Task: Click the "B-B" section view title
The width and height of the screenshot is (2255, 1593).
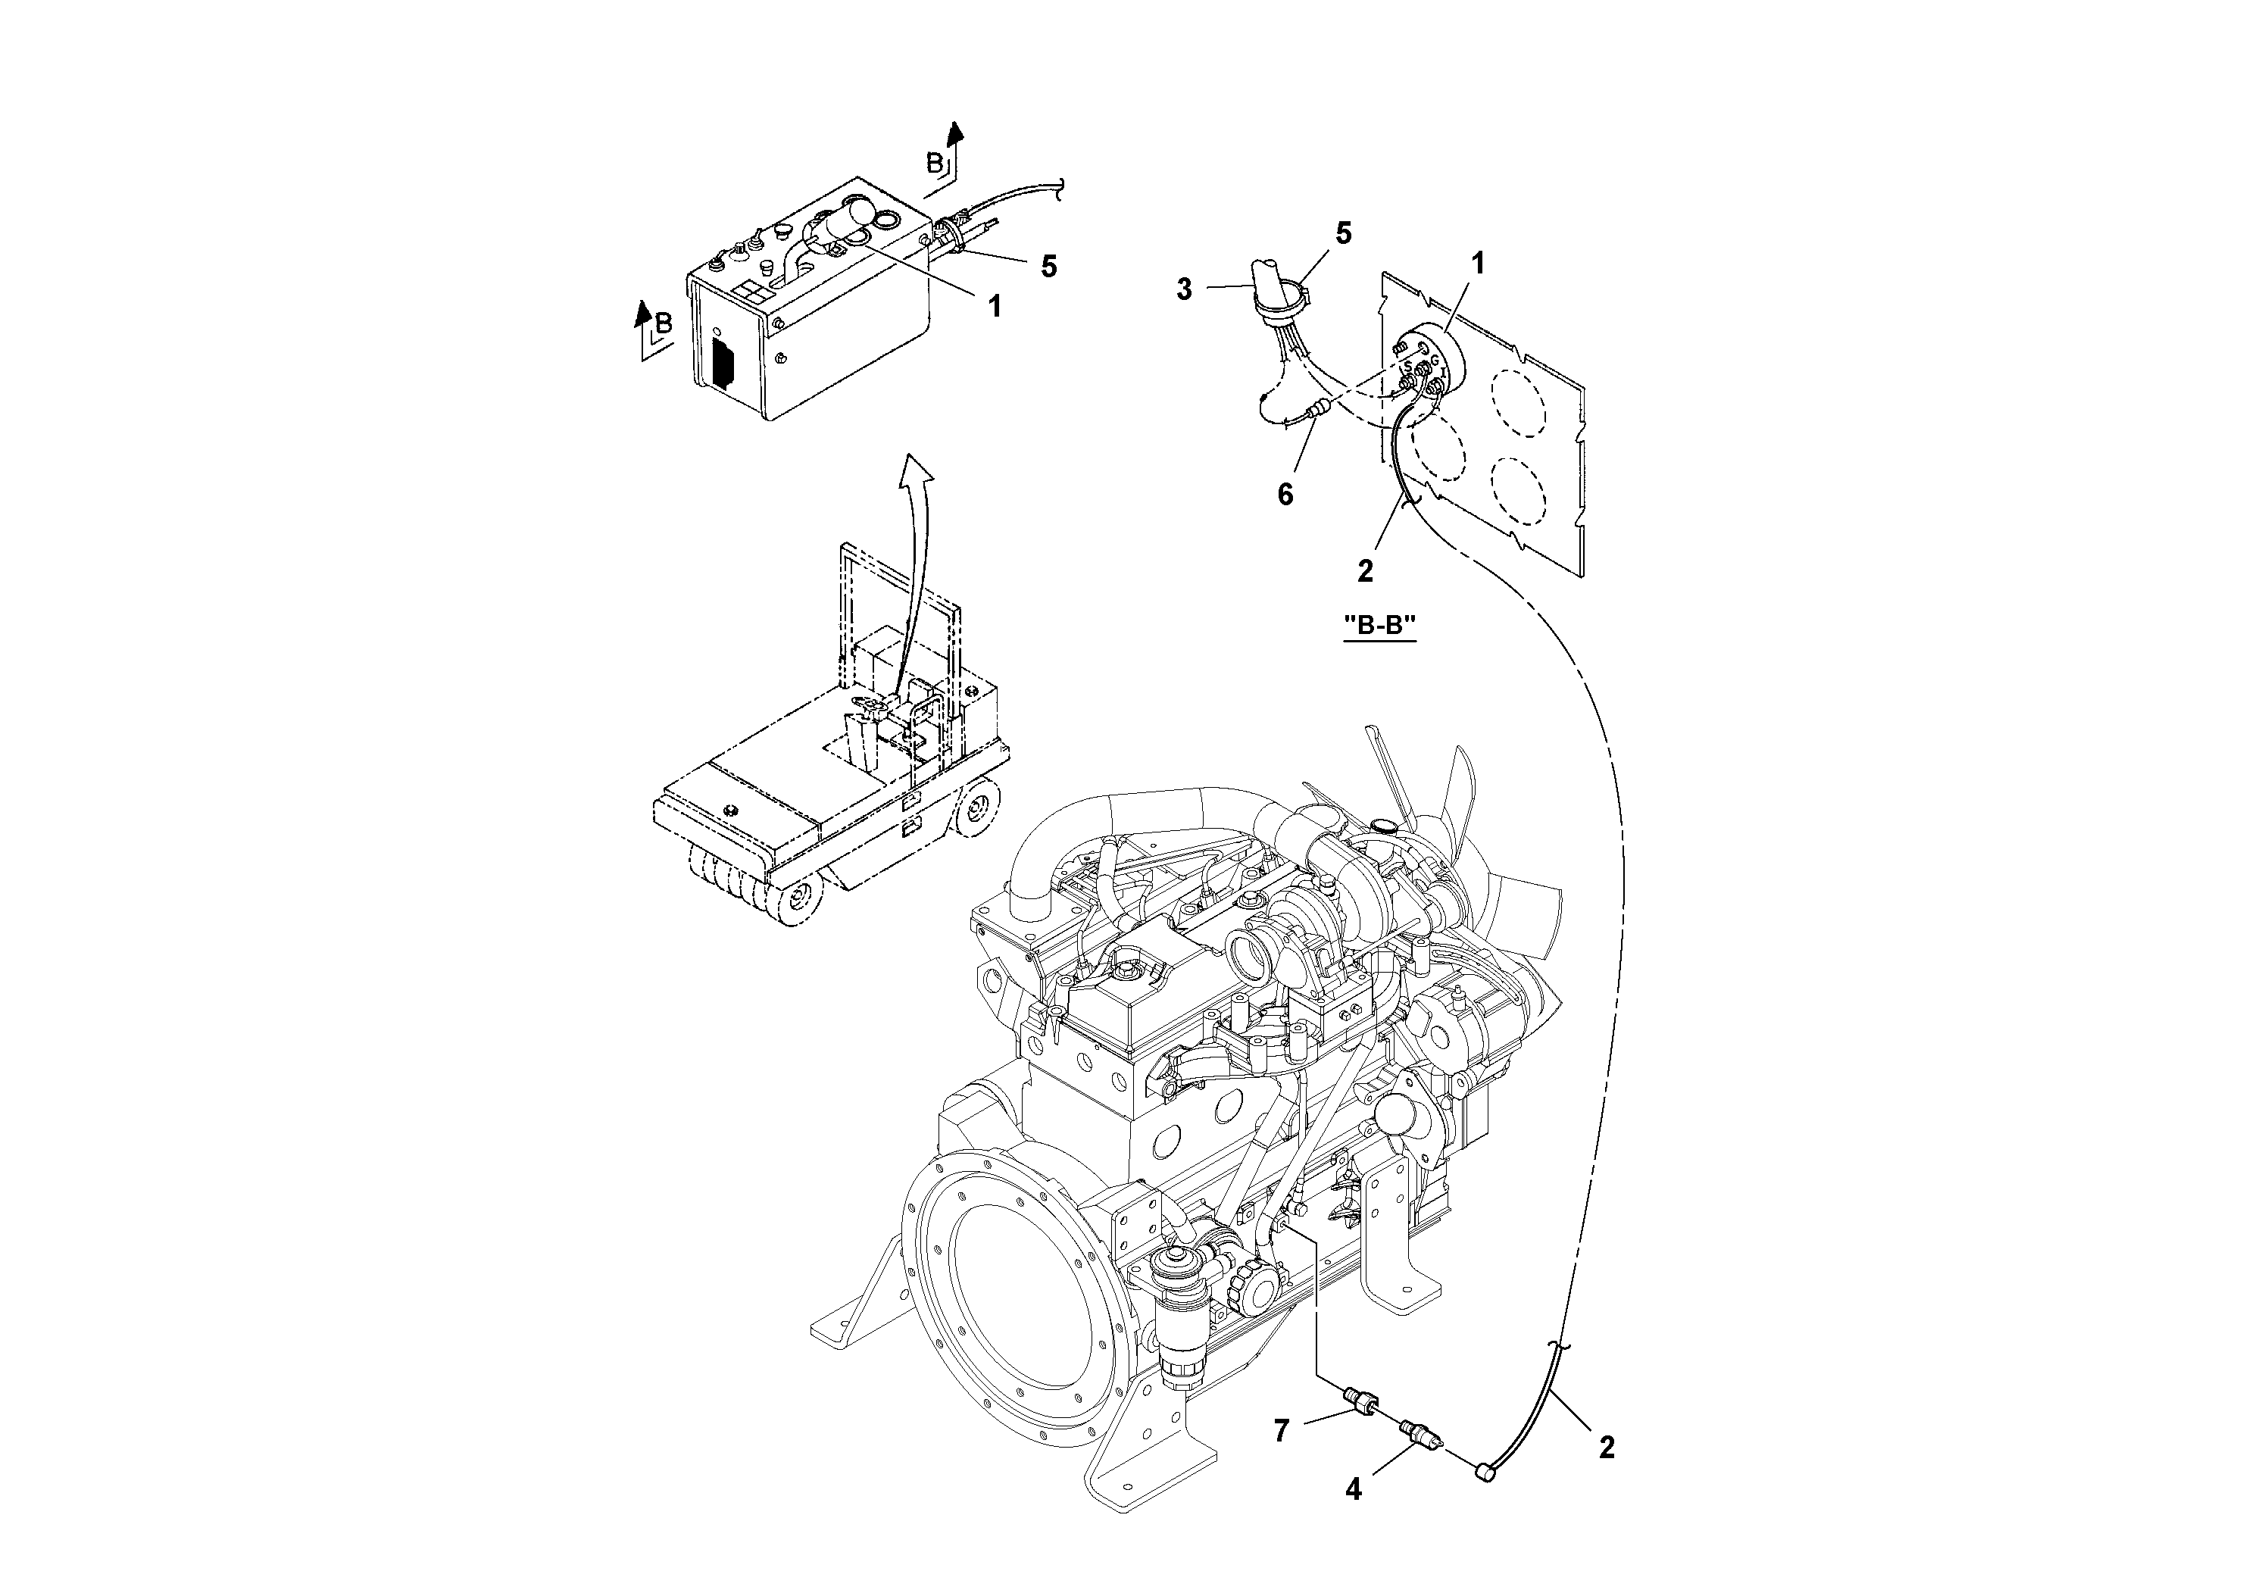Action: coord(1379,625)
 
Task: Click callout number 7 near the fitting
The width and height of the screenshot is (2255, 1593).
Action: coord(1281,1431)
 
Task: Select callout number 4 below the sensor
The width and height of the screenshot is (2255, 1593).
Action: coord(1354,1489)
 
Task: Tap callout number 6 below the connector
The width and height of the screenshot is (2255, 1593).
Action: coord(1285,495)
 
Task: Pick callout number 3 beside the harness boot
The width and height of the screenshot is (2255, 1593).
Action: coord(1185,289)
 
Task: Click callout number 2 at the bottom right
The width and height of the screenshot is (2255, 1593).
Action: coord(1606,1447)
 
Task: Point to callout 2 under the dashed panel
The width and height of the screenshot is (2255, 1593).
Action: coord(1365,570)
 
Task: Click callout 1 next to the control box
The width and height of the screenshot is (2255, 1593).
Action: coord(994,307)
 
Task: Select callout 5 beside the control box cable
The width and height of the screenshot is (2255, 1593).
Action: coord(1049,266)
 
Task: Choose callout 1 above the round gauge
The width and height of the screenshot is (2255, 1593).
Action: coord(1477,263)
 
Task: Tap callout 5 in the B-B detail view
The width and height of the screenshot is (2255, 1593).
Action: coord(1342,234)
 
